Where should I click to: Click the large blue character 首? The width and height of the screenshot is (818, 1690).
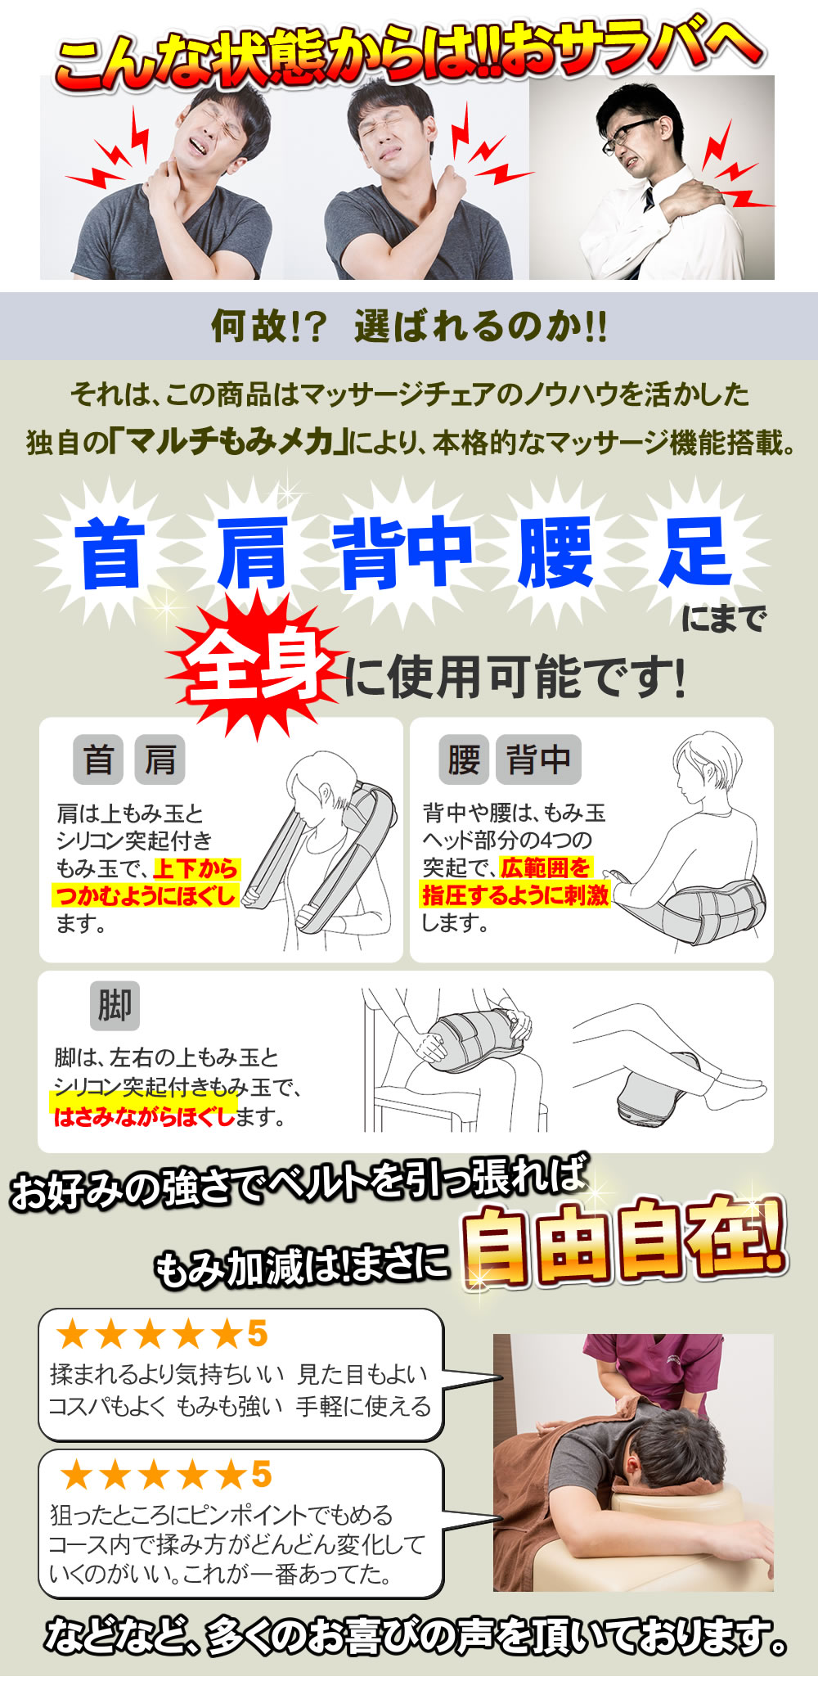point(109,554)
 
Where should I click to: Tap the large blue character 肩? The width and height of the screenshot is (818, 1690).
point(252,554)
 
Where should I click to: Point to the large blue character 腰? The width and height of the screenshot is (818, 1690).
point(555,554)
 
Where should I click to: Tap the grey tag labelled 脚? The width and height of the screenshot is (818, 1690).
point(115,1005)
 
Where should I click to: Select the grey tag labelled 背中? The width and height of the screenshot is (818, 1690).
point(538,759)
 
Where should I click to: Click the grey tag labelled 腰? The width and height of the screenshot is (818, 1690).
point(464,759)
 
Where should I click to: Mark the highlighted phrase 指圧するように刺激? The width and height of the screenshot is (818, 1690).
point(515,895)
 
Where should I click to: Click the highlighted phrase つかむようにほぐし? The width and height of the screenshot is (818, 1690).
point(146,895)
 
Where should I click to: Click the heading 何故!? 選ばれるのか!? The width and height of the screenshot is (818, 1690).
point(409,327)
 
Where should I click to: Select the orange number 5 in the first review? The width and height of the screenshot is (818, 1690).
point(258,1334)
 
